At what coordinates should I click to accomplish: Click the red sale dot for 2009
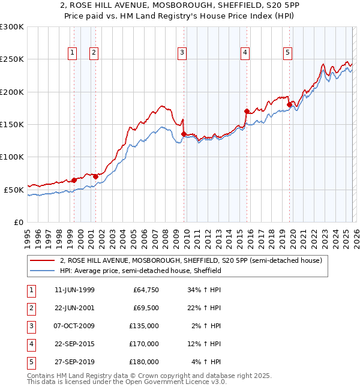[184, 134]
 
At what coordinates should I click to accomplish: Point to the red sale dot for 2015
[247, 111]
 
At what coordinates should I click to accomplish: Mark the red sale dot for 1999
[74, 180]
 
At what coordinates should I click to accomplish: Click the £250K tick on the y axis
[12, 59]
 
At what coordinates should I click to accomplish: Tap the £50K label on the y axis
[14, 190]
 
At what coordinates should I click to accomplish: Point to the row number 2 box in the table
[30, 308]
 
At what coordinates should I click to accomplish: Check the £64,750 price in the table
[144, 290]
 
